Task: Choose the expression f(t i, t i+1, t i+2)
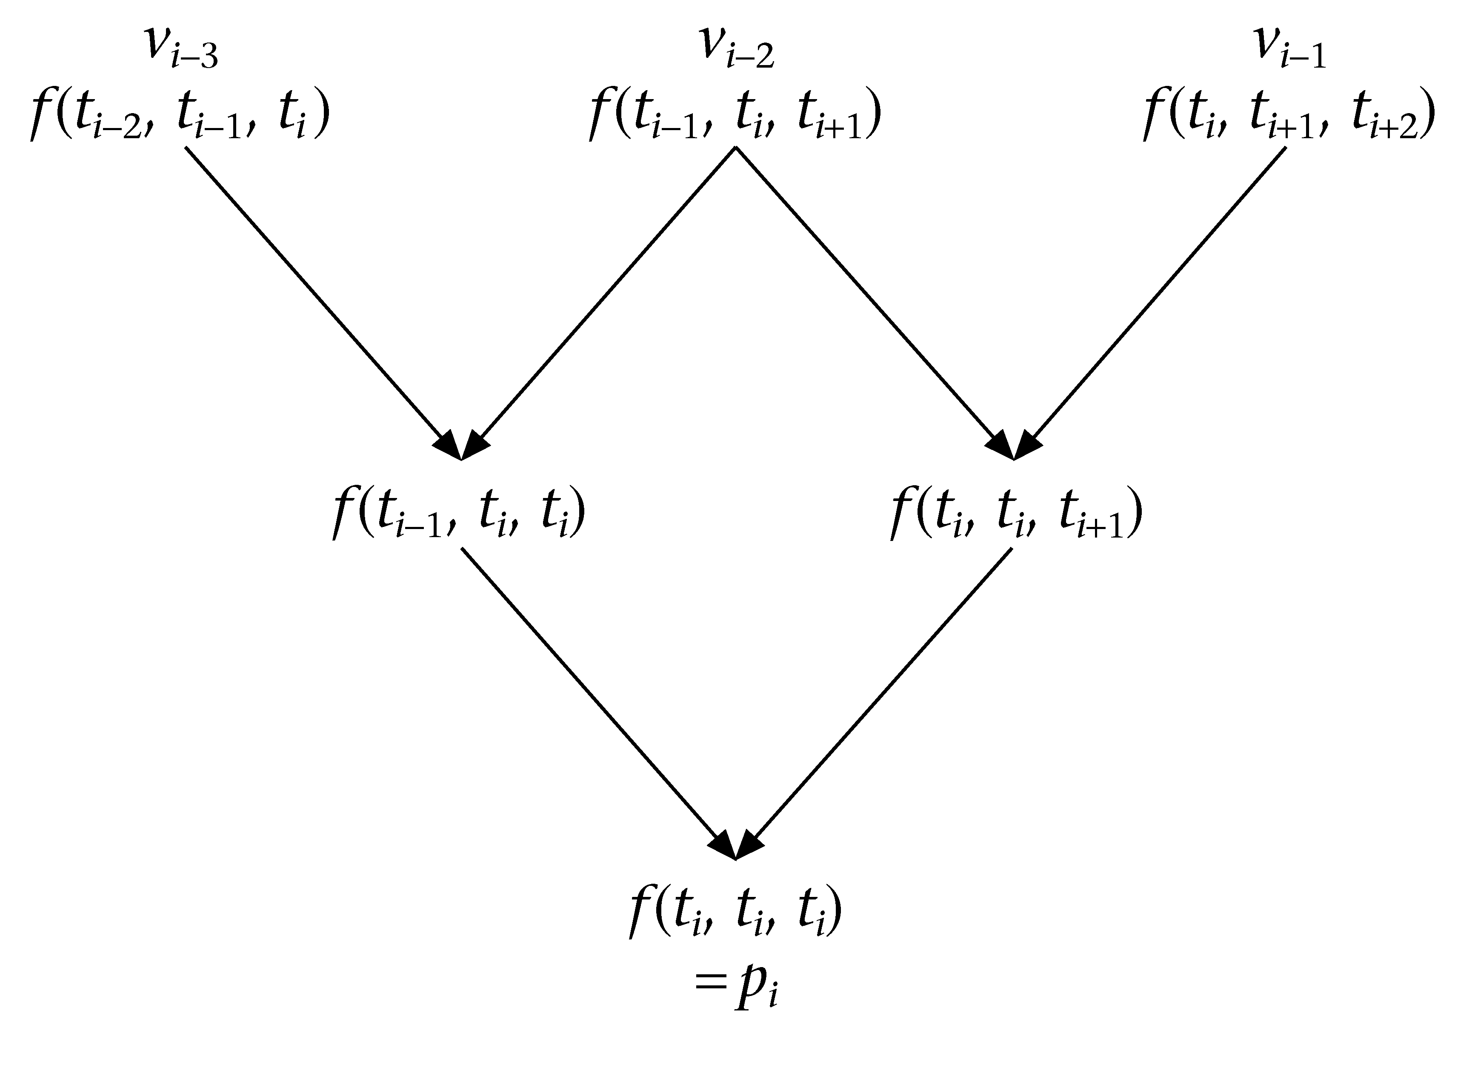pos(1289,117)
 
